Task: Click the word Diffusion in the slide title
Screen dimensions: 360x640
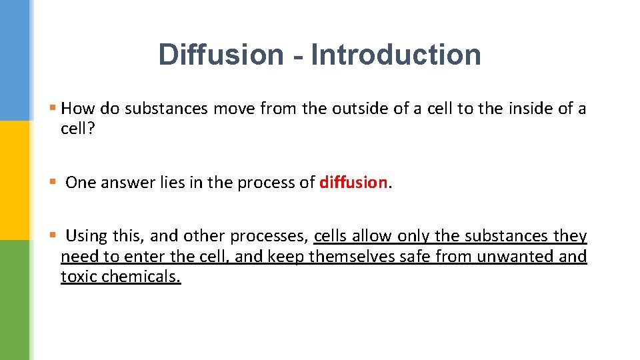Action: tap(221, 55)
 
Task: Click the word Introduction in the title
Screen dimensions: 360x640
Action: tap(396, 55)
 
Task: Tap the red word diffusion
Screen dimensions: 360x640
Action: tap(353, 182)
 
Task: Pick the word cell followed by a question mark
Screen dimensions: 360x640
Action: tap(77, 128)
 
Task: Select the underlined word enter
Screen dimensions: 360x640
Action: tap(144, 257)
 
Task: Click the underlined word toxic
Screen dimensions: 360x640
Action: tap(79, 277)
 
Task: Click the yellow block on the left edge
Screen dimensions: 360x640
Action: tap(14, 180)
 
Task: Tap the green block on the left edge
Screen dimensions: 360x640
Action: tap(14, 300)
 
